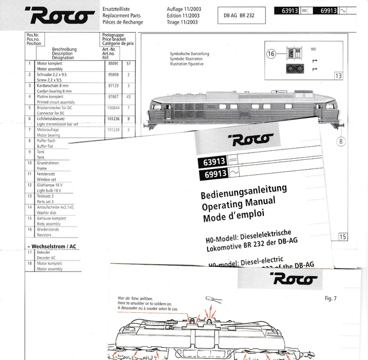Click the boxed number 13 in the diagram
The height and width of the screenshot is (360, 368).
(338, 76)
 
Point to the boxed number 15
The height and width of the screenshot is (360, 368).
(343, 236)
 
